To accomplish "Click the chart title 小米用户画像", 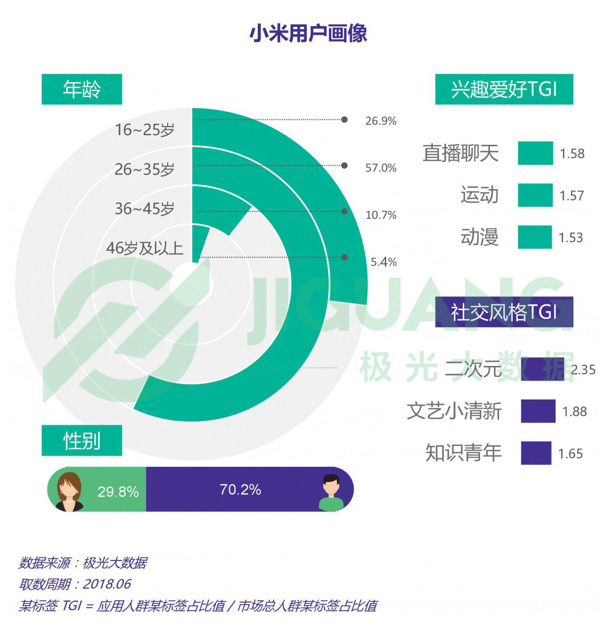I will (x=308, y=34).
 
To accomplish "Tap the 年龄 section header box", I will (x=82, y=90).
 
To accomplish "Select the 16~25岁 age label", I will (x=145, y=129).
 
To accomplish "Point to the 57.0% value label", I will (x=380, y=168).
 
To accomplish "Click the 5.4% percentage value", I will (x=383, y=262).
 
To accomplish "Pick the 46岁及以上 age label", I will (x=145, y=249).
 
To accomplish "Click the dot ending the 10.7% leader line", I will (x=345, y=212).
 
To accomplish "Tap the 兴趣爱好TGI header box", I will (x=504, y=90).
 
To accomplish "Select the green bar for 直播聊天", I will (x=535, y=153).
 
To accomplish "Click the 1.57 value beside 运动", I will (x=571, y=196).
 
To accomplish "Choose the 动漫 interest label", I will (x=480, y=237).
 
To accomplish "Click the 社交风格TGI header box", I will (x=504, y=312).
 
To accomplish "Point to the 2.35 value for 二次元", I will (x=583, y=369).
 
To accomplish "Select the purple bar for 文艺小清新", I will (x=538, y=411).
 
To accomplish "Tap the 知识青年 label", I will (x=463, y=453).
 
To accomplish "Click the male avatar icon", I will (x=331, y=492).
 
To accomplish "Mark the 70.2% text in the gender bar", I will (x=240, y=489).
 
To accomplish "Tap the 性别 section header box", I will (x=82, y=441).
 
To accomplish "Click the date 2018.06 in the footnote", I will (x=107, y=584).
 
